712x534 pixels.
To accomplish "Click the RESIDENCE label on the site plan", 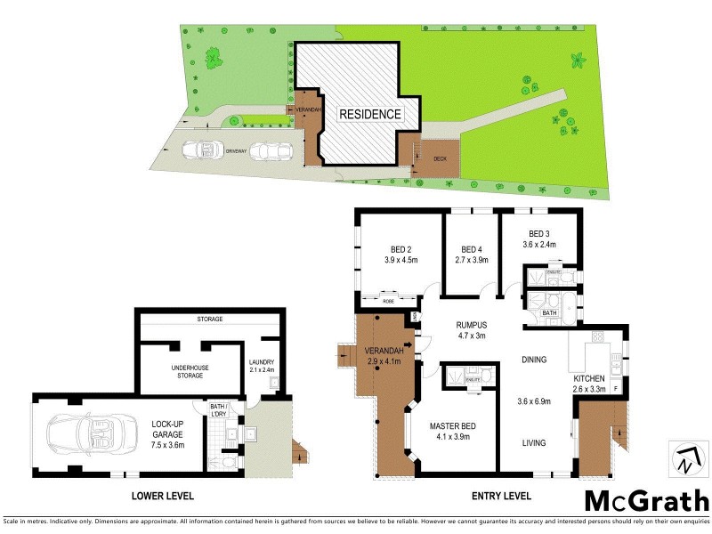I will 369,114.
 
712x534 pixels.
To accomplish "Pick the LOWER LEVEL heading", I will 164,496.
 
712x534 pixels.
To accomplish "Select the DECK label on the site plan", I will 440,159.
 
